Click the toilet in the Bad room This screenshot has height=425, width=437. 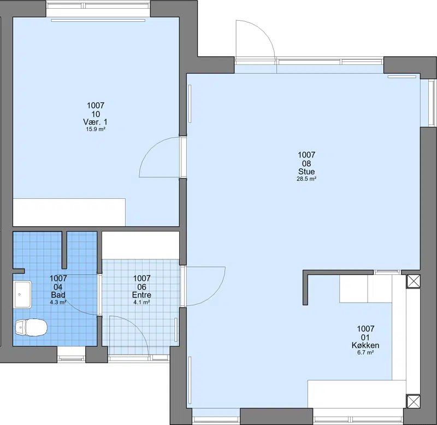31,327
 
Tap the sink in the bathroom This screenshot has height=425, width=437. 23,294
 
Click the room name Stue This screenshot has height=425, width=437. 306,172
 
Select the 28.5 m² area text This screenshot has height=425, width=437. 306,179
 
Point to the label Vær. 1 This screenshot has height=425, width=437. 95,122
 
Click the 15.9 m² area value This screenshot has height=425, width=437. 96,129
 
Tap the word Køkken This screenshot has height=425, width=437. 365,345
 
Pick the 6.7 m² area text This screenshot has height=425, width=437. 365,352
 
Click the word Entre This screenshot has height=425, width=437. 141,295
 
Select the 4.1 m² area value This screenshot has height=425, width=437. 141,302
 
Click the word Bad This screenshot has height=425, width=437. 58,295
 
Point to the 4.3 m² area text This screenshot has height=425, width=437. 58,302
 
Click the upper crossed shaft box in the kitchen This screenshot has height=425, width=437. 414,281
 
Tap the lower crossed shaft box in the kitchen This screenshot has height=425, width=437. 414,402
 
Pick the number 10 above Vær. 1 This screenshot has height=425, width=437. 96,114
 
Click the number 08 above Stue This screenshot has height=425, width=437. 306,163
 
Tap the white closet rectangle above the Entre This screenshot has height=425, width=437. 140,245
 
